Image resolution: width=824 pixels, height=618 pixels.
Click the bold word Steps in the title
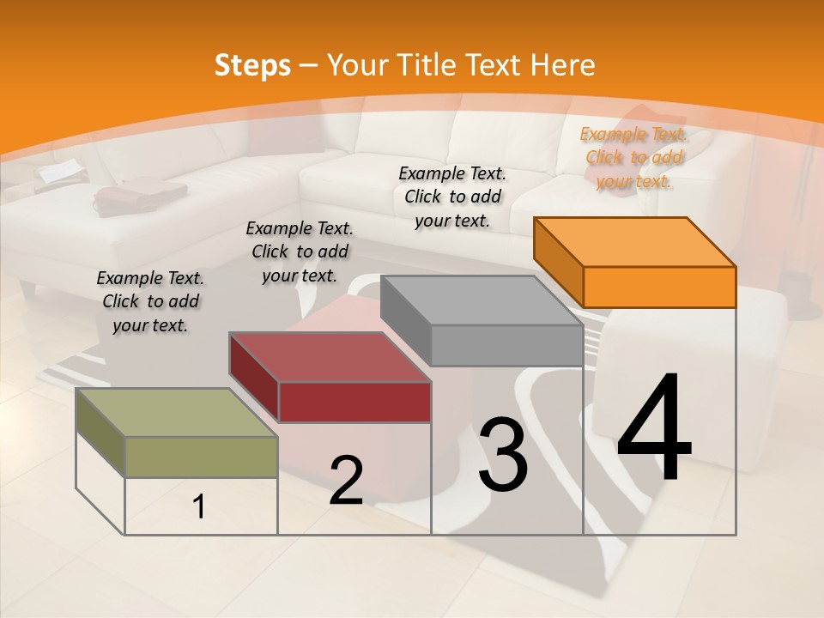click(252, 65)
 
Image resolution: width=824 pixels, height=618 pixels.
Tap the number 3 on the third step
click(503, 455)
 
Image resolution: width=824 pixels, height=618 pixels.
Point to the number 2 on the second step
click(346, 481)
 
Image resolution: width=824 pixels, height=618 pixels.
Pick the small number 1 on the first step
click(199, 507)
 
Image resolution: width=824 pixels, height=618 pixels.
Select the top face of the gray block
click(482, 300)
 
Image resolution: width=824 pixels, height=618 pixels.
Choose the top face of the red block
click(330, 356)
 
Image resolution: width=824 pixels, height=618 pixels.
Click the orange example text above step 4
click(634, 157)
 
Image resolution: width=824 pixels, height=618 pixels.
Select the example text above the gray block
click(452, 197)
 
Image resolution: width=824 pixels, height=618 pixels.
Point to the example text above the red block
click(300, 251)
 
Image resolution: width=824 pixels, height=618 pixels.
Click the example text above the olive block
click(150, 301)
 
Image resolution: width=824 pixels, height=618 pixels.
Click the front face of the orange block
click(659, 287)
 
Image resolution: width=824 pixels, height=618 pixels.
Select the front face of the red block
click(354, 402)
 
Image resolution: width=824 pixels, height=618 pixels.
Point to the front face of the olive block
click(202, 457)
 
